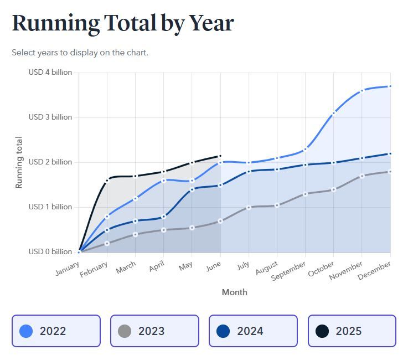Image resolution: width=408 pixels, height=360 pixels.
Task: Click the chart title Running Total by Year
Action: click(x=122, y=23)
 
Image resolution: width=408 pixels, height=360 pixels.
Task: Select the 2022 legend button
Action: click(x=56, y=331)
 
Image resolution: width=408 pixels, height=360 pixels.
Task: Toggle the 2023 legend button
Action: click(x=154, y=331)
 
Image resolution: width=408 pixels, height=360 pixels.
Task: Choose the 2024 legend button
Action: click(x=253, y=331)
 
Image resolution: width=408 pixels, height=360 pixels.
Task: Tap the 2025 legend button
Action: click(x=352, y=331)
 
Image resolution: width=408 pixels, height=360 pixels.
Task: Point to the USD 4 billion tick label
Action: click(x=50, y=73)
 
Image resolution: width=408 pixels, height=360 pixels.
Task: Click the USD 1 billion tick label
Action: click(x=50, y=207)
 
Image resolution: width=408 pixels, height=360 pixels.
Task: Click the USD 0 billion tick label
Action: click(x=50, y=252)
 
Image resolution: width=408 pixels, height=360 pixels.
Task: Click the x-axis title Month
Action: click(x=234, y=292)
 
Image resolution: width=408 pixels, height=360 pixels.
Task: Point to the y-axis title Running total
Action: click(x=19, y=162)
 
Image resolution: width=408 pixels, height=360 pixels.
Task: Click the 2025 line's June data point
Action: click(x=220, y=156)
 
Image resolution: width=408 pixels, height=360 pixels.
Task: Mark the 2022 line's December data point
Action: click(x=390, y=86)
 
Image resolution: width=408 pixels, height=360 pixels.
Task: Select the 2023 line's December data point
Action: click(x=390, y=172)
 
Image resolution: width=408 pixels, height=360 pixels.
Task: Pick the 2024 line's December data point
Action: click(x=390, y=153)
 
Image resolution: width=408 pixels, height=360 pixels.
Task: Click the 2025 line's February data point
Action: click(x=107, y=179)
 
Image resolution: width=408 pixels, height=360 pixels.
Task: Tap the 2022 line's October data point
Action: click(x=333, y=114)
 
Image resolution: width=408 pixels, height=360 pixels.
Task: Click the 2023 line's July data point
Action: click(x=249, y=207)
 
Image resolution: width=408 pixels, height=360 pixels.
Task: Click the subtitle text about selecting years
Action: click(x=80, y=53)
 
